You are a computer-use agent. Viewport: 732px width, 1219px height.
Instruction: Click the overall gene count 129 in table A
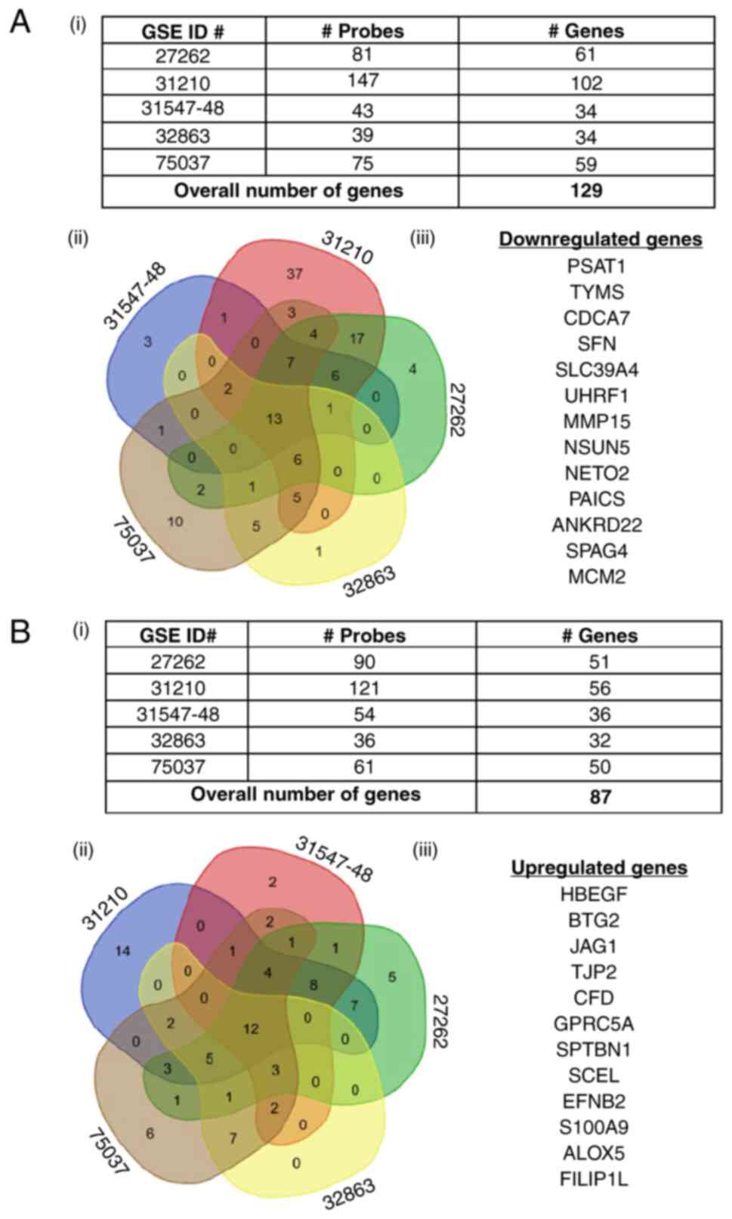pyautogui.click(x=586, y=190)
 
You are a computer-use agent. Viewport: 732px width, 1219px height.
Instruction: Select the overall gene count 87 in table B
pyautogui.click(x=600, y=796)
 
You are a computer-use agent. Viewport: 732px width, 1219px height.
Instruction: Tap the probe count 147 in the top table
pyautogui.click(x=363, y=81)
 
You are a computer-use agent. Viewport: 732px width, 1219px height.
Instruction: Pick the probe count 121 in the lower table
pyautogui.click(x=363, y=688)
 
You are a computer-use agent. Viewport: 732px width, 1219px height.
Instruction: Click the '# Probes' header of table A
pyautogui.click(x=363, y=31)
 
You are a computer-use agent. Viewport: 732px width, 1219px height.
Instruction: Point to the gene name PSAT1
pyautogui.click(x=597, y=267)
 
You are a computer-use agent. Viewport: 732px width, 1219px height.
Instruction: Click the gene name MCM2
pyautogui.click(x=597, y=577)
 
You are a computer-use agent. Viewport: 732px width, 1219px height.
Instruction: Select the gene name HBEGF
pyautogui.click(x=594, y=895)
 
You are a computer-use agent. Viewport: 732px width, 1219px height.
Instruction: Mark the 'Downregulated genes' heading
pyautogui.click(x=601, y=240)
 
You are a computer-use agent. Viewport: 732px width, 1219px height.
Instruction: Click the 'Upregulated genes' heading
pyautogui.click(x=599, y=868)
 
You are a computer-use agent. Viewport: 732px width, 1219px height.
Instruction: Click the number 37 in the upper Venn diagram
pyautogui.click(x=295, y=273)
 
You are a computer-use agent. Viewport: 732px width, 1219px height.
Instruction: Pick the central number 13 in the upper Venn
pyautogui.click(x=274, y=418)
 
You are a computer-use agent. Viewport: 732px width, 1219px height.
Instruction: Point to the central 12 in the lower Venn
pyautogui.click(x=251, y=1029)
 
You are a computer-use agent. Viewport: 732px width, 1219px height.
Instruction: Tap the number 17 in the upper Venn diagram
pyautogui.click(x=357, y=338)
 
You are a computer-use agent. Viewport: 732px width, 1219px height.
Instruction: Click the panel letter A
pyautogui.click(x=20, y=23)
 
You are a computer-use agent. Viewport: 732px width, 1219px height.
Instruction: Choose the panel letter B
pyautogui.click(x=20, y=631)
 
